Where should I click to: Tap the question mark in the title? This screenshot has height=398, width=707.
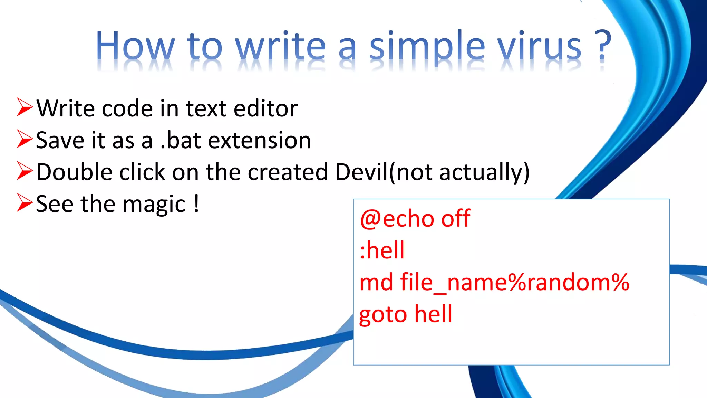(x=602, y=46)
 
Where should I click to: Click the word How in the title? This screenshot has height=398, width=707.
(x=135, y=46)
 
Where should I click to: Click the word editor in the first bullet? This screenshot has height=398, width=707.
(x=265, y=108)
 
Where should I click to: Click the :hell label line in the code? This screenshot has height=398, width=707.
(x=382, y=250)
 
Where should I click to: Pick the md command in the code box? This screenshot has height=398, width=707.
(x=376, y=282)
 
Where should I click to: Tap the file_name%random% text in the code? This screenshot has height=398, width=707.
(x=515, y=283)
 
